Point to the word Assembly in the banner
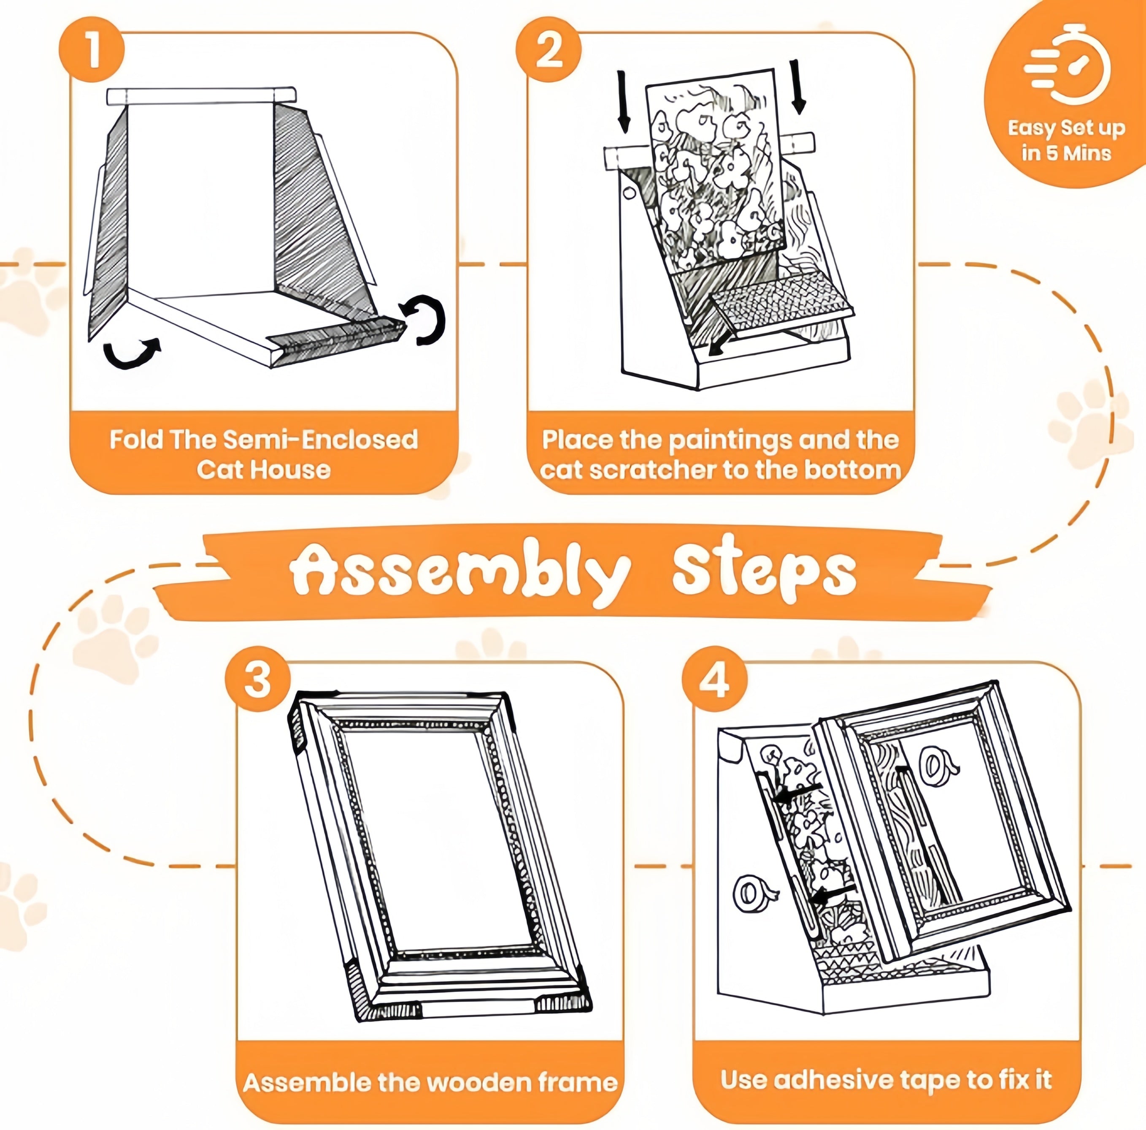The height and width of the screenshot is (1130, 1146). click(459, 571)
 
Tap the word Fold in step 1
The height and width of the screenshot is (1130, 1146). click(136, 440)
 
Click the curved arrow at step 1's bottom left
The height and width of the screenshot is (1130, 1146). click(131, 354)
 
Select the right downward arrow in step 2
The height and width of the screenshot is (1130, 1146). click(798, 86)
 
